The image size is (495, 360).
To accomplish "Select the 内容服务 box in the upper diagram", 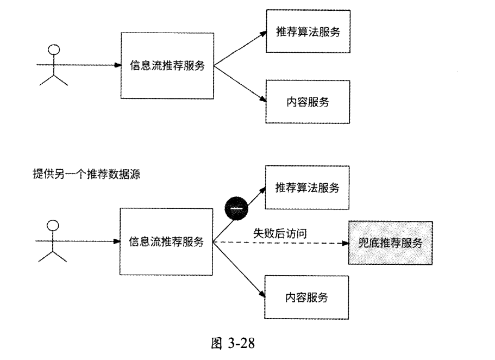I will click(x=307, y=101).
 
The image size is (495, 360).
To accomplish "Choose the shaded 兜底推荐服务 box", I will click(x=391, y=243).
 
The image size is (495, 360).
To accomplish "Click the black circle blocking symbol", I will click(x=235, y=207).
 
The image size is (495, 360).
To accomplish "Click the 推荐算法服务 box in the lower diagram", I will click(x=307, y=188).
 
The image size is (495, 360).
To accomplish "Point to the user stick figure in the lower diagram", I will click(x=53, y=241).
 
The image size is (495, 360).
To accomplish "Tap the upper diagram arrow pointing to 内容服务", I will click(x=239, y=84).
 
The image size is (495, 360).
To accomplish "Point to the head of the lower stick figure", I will click(x=53, y=225).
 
